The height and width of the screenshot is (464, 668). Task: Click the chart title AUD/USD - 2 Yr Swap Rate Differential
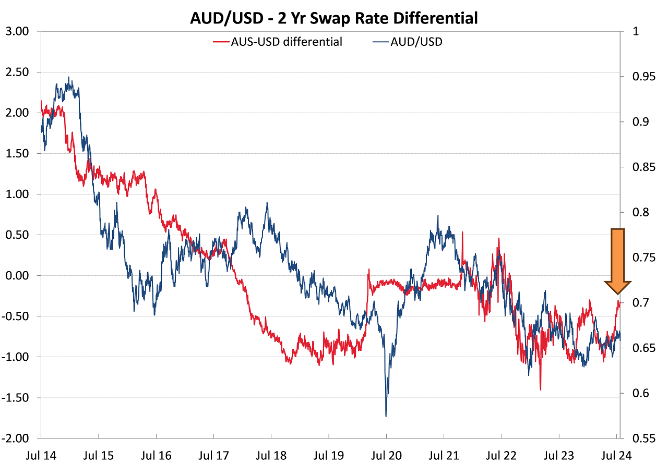334,18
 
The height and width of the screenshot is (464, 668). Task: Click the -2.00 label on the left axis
20,438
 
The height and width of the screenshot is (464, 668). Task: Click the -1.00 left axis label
20,357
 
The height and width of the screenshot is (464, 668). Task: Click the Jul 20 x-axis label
386,455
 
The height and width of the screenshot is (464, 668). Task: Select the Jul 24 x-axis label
617,455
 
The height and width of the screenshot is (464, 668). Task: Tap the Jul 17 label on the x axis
213,455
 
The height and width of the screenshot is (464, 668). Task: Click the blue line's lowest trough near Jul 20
386,416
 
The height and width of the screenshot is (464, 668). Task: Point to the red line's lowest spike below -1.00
540,389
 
